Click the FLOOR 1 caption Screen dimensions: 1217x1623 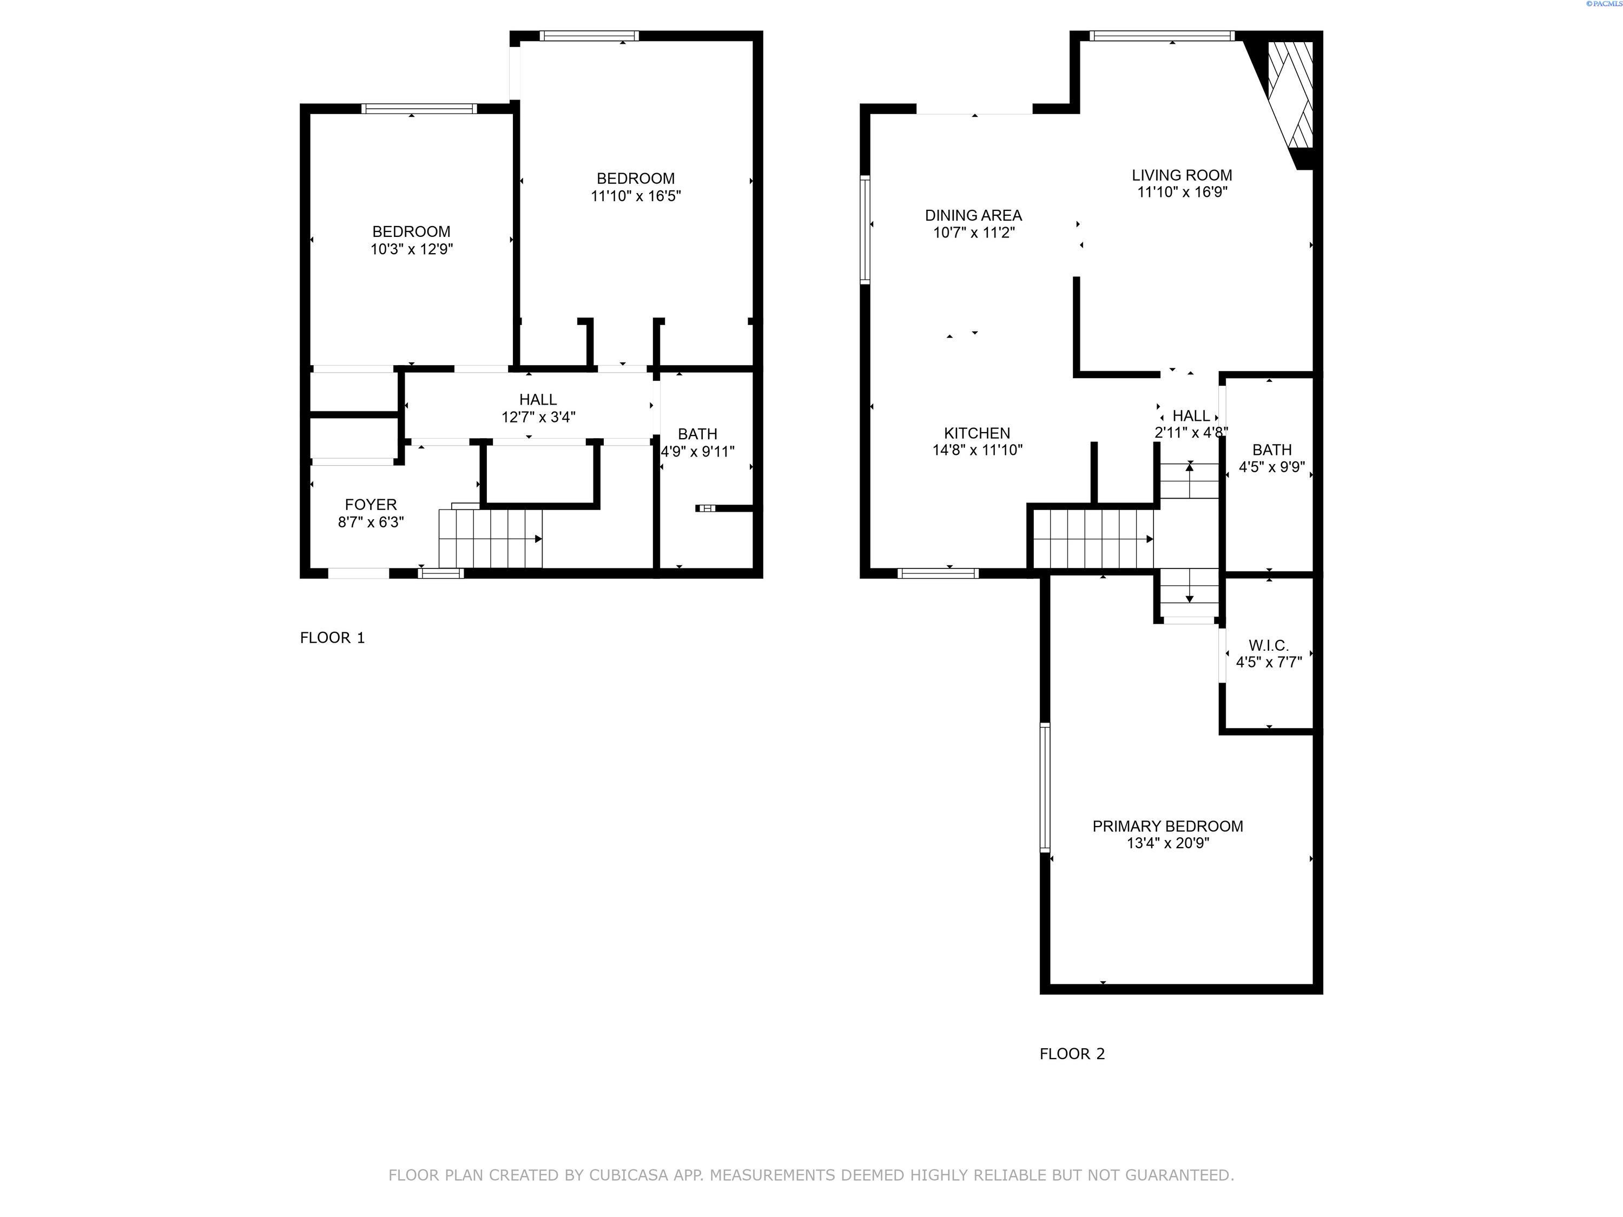(332, 638)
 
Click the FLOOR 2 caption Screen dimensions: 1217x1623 (1071, 1054)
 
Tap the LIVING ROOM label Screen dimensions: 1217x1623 (1182, 175)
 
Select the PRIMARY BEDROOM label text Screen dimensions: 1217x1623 (1167, 826)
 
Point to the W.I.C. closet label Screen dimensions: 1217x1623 (1268, 645)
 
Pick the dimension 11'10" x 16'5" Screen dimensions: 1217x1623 (636, 196)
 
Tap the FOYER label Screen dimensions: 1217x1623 (371, 505)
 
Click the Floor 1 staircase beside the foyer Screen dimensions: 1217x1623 (490, 539)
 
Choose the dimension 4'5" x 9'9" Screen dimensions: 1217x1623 (1271, 467)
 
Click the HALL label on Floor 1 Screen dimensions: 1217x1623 (538, 400)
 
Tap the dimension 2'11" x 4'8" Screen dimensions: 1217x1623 (1190, 433)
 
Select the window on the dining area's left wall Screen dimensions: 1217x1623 (865, 230)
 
